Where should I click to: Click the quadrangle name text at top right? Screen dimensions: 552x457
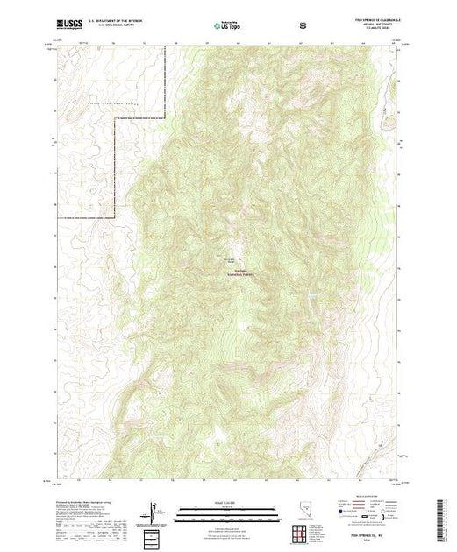tap(368, 19)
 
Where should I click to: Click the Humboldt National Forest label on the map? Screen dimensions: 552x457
tap(236, 272)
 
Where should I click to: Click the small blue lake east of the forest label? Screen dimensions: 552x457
tap(311, 295)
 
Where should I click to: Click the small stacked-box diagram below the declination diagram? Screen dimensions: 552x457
tap(154, 534)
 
